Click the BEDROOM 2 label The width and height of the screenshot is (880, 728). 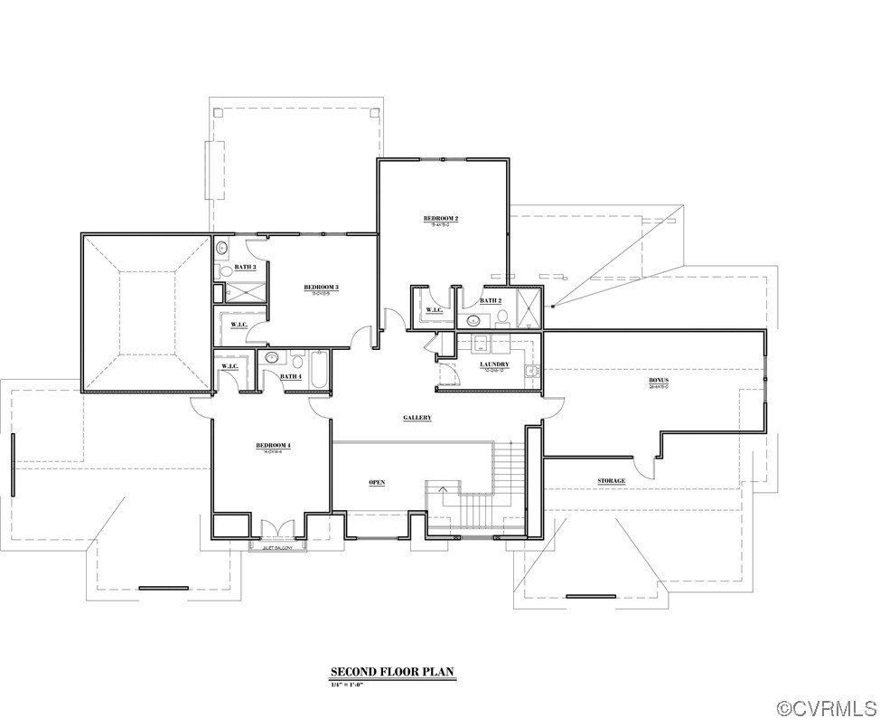tap(441, 219)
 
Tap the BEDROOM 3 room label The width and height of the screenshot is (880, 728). tap(321, 288)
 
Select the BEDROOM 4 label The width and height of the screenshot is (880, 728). tap(272, 445)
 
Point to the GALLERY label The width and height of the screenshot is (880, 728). tap(417, 418)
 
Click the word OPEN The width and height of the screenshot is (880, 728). tap(377, 482)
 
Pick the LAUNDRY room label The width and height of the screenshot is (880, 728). tap(494, 364)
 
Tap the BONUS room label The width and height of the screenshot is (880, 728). tap(659, 380)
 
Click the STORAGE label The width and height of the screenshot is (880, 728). tap(612, 481)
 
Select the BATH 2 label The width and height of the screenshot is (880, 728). tap(490, 300)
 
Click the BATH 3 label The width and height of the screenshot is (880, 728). tap(245, 267)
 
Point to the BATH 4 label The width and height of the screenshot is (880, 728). tap(290, 376)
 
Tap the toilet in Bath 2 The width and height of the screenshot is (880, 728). tap(502, 317)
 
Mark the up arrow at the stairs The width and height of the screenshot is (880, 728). tap(442, 489)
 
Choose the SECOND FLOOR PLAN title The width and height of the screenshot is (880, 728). tap(391, 672)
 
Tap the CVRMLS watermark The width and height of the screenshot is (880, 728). tap(828, 708)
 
